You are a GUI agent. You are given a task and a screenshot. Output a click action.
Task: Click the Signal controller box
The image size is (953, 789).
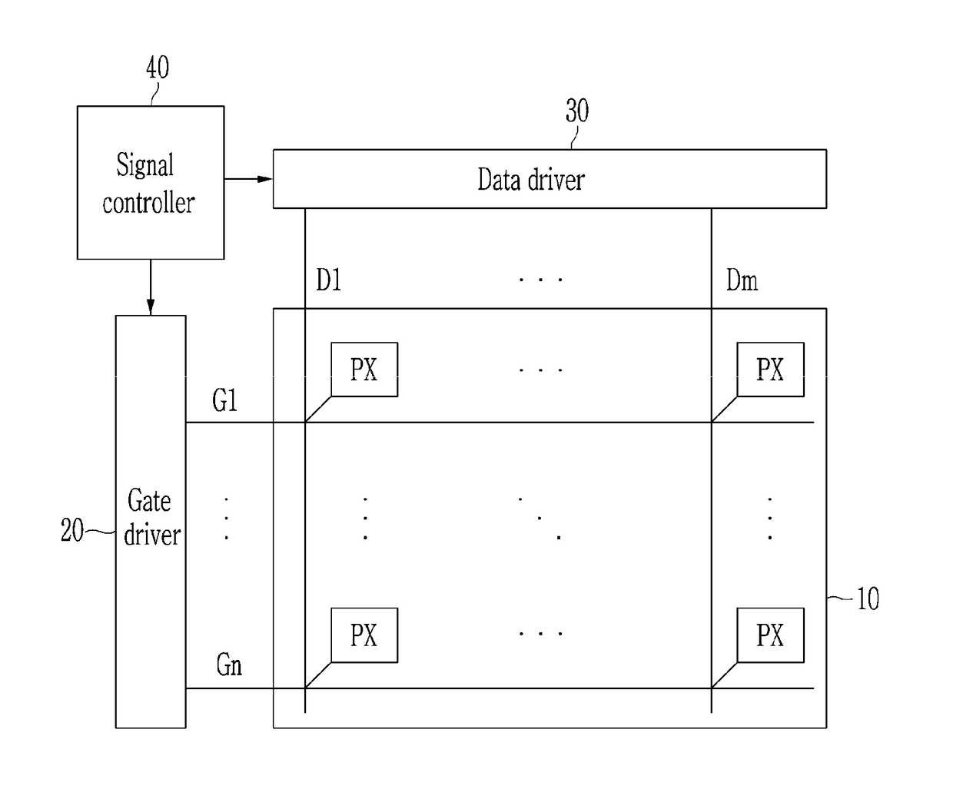click(151, 183)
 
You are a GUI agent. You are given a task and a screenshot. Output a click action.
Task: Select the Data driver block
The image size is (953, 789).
click(550, 179)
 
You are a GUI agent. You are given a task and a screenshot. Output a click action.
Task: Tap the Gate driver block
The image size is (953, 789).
click(151, 522)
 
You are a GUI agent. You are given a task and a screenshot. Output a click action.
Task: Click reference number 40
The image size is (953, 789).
click(158, 67)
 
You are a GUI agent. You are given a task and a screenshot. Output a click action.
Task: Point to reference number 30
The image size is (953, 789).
click(577, 110)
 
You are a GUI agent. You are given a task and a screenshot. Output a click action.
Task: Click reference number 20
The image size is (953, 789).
click(72, 530)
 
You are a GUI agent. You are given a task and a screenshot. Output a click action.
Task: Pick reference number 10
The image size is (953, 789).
click(868, 598)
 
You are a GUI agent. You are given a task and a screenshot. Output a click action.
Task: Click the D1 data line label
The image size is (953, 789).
click(329, 280)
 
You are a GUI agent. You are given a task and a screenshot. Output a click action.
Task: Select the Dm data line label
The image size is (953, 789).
click(742, 280)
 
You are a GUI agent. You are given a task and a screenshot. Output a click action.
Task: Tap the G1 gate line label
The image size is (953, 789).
click(224, 400)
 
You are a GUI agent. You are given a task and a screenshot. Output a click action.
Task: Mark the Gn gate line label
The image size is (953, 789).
click(229, 665)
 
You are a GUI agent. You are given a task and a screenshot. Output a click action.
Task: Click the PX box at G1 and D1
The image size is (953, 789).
click(364, 370)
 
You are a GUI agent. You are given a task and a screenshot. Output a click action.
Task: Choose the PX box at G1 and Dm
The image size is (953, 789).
click(770, 370)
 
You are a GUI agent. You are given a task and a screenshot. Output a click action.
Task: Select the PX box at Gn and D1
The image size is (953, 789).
click(364, 635)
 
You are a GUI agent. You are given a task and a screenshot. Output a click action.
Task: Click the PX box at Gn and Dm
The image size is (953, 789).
click(770, 635)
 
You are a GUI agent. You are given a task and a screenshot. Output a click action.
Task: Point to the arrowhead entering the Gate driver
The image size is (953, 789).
click(151, 307)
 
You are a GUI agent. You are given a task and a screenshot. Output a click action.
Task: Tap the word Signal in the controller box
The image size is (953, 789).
click(144, 165)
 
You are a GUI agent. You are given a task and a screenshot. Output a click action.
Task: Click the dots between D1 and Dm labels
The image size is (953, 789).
click(540, 280)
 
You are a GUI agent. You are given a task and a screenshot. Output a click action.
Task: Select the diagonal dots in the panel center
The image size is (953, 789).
click(540, 519)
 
